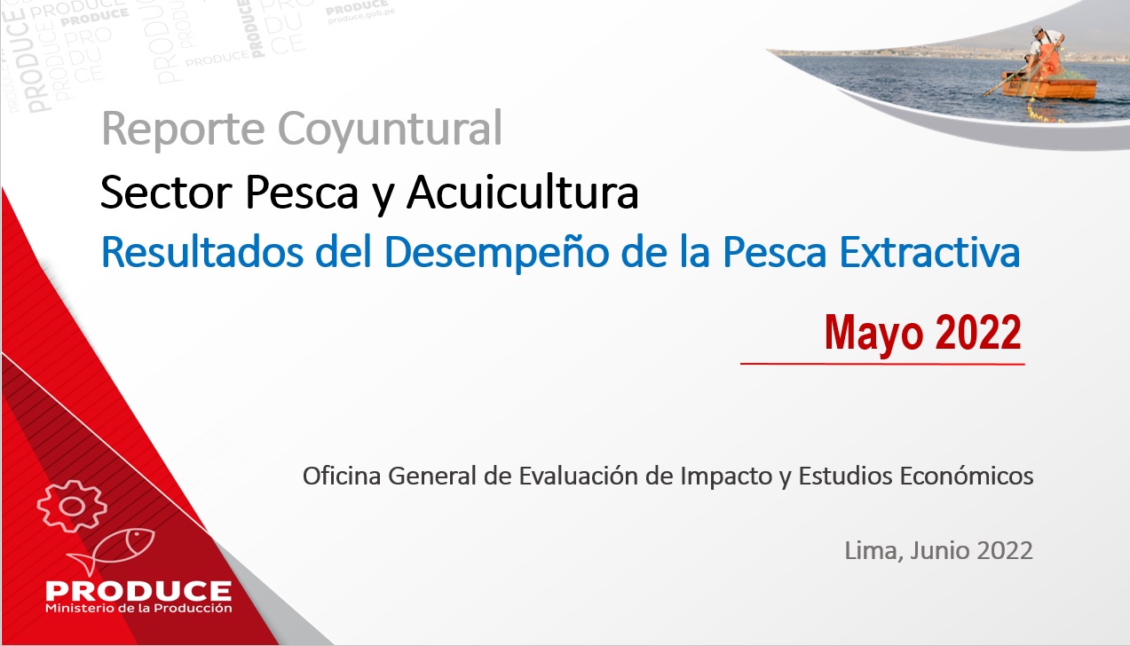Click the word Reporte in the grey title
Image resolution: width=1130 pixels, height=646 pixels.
click(183, 129)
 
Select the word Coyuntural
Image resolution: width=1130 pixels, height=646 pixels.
click(390, 130)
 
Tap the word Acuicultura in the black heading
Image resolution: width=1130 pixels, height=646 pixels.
click(523, 193)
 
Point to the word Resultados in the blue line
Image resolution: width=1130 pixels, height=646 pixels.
click(202, 252)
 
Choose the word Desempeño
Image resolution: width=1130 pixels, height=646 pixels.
click(497, 252)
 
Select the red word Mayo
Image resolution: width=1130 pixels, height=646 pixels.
click(874, 334)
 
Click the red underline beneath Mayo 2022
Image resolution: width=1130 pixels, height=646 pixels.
click(882, 363)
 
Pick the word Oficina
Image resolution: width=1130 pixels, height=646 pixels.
click(342, 476)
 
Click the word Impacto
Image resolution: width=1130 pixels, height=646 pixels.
click(726, 477)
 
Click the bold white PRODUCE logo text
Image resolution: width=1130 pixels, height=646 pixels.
click(138, 590)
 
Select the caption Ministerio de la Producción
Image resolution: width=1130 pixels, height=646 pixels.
click(138, 608)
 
